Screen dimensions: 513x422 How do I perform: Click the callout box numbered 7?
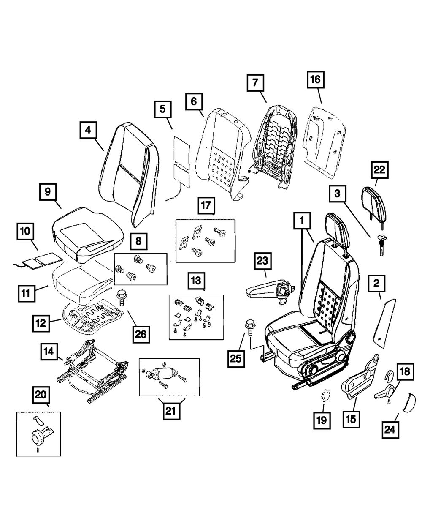(x=255, y=83)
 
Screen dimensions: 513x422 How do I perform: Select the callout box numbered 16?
(x=316, y=80)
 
